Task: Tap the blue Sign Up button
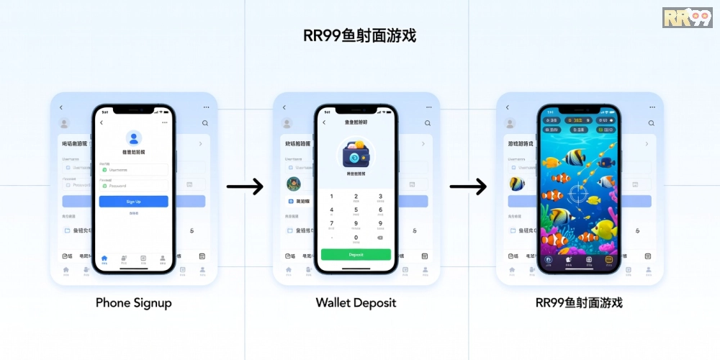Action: point(133,202)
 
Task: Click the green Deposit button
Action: point(356,255)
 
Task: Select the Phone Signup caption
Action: point(133,303)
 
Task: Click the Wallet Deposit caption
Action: point(356,303)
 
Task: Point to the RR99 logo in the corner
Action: point(687,17)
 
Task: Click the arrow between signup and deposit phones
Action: point(245,187)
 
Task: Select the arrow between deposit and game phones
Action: point(468,187)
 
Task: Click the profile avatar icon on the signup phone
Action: point(133,138)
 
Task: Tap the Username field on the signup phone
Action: point(134,170)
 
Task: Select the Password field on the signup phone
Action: point(134,186)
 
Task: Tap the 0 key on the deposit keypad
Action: point(356,238)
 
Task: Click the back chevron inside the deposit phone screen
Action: point(324,122)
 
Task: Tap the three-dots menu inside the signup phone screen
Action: point(165,122)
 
